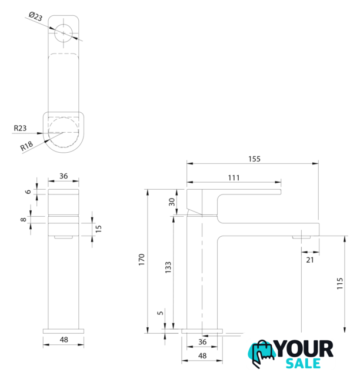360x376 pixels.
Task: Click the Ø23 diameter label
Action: (x=35, y=17)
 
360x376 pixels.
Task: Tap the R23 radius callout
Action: (x=20, y=128)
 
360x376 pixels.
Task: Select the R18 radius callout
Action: (x=26, y=146)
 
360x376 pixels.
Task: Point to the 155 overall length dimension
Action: (x=254, y=159)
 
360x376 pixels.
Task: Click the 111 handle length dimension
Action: (x=234, y=178)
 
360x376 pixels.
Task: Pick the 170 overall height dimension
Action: (x=142, y=260)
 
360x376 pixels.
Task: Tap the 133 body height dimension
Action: (x=168, y=267)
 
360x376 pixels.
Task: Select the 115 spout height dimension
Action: (x=340, y=283)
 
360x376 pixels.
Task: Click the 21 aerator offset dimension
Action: (x=310, y=260)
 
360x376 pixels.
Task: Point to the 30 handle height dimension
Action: (x=172, y=202)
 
